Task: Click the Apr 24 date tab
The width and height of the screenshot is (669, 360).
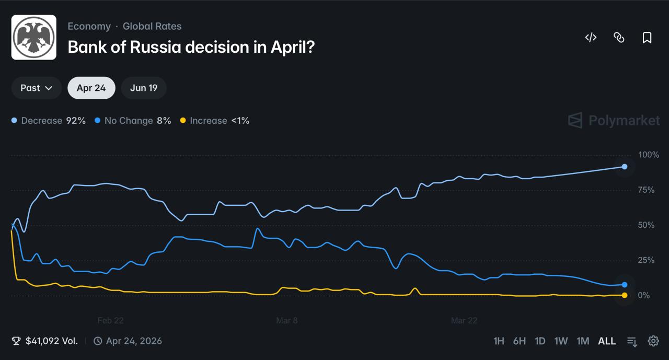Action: tap(91, 88)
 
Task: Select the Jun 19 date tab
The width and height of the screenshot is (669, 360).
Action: tap(144, 88)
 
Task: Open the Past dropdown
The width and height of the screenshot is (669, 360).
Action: tap(36, 88)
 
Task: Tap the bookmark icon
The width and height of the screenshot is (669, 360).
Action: tap(647, 38)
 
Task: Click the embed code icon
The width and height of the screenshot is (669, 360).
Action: tap(591, 38)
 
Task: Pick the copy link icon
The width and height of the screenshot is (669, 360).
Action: tap(619, 38)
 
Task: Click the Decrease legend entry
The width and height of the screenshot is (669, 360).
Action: tap(49, 121)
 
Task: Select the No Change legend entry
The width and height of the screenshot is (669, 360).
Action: tap(133, 121)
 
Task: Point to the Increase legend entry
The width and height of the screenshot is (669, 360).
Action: tap(215, 121)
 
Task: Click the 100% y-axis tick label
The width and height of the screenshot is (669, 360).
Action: tap(649, 155)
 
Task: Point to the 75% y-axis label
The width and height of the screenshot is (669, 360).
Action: tap(646, 190)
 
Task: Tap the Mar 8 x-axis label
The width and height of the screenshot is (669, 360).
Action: tap(287, 321)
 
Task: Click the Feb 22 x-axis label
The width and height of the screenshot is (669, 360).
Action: tap(110, 321)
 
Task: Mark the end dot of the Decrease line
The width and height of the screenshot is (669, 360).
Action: tap(625, 167)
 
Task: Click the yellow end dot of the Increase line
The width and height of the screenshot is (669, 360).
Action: tap(625, 295)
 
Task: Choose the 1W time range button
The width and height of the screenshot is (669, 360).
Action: tap(561, 341)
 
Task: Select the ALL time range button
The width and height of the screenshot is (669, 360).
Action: tap(607, 341)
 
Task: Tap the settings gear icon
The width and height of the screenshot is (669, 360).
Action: tap(653, 341)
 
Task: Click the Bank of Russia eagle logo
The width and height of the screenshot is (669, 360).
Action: tap(34, 37)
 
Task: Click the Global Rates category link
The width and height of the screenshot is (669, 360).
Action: tap(152, 26)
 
